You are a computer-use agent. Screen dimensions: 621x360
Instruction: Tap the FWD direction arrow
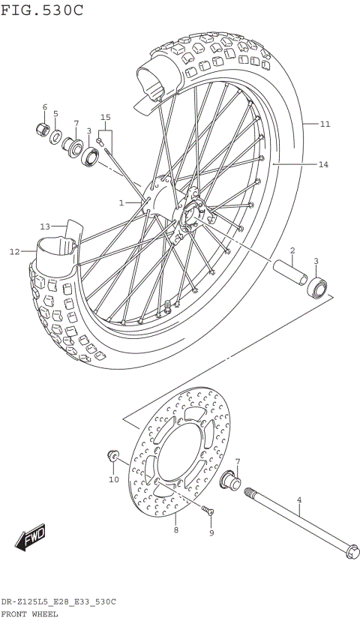tap(31, 537)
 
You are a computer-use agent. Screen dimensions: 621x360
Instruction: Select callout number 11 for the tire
tap(324, 124)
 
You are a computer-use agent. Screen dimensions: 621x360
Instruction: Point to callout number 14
tap(323, 163)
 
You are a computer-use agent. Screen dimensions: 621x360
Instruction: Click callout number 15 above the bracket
tap(106, 118)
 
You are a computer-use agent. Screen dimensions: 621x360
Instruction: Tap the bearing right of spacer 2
tap(316, 287)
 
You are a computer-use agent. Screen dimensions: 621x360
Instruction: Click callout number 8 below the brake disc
tap(175, 529)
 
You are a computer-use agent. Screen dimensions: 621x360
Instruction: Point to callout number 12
tap(14, 252)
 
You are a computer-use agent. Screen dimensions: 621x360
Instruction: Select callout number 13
tap(45, 226)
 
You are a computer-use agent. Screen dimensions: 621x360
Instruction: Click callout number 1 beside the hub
tap(121, 202)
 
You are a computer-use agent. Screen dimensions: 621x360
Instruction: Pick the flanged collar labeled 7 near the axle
tap(230, 480)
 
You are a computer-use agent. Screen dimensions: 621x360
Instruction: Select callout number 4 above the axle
tap(298, 499)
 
